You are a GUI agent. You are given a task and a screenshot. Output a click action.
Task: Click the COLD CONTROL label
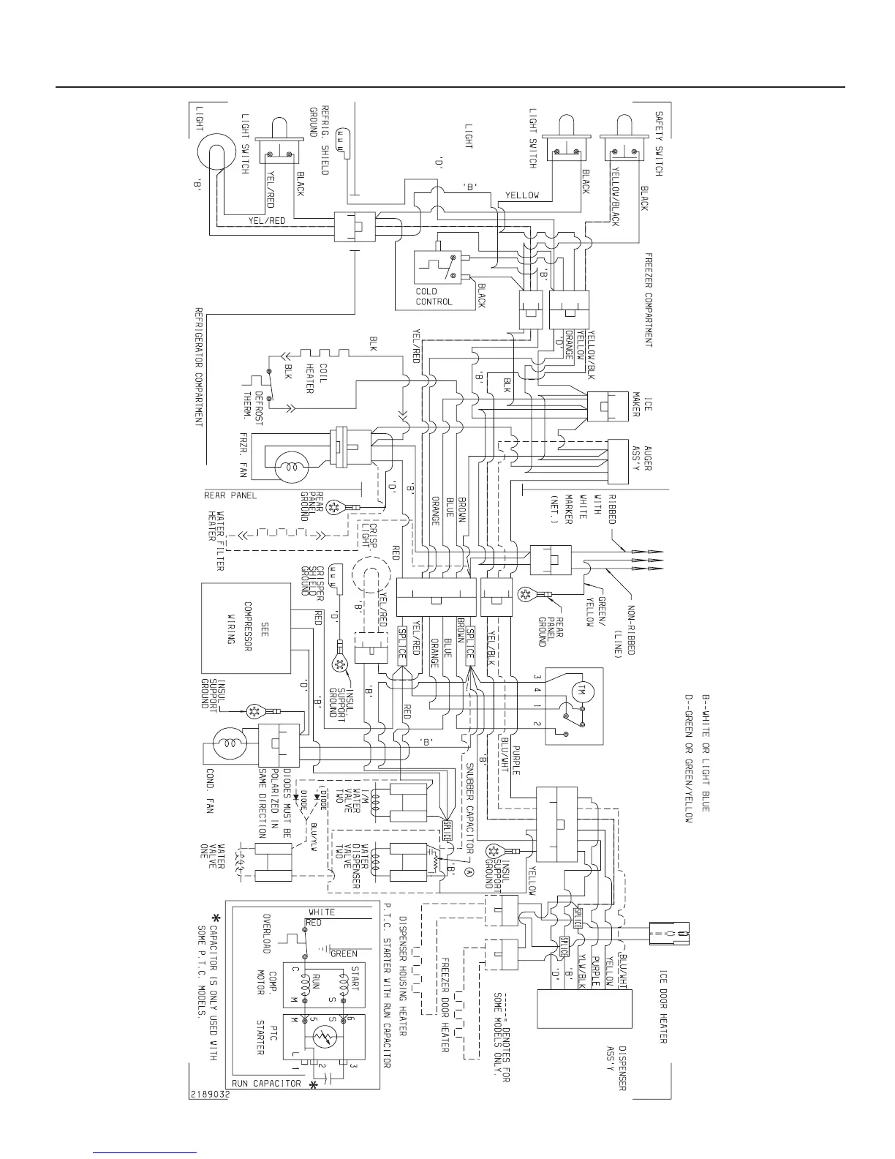[x=434, y=296]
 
